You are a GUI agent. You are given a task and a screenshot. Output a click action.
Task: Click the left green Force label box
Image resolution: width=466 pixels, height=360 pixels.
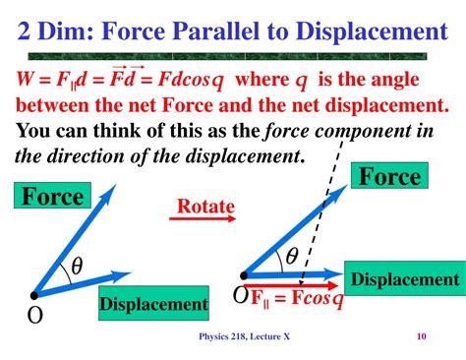53,197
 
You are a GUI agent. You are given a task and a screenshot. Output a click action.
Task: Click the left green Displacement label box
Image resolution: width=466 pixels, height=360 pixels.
152,304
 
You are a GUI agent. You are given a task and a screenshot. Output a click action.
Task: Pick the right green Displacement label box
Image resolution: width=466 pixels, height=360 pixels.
404,279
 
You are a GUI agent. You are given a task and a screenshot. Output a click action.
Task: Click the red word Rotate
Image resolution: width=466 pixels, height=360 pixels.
204,207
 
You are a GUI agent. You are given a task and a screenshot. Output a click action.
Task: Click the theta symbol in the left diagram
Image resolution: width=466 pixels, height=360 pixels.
76,266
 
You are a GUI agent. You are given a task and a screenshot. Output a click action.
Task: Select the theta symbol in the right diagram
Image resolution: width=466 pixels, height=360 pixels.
292,257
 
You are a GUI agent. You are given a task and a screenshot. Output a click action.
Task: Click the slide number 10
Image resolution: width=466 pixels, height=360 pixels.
421,338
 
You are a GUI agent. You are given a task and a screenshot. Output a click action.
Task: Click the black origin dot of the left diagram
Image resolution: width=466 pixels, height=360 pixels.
36,293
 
